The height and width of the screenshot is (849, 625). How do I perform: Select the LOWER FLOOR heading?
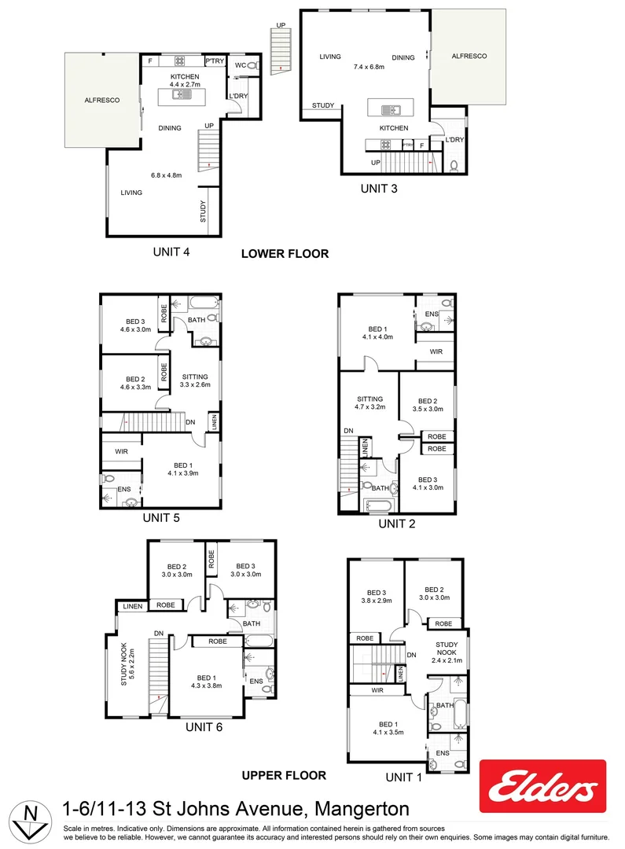pyautogui.click(x=285, y=254)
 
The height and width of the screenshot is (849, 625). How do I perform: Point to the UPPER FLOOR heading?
pyautogui.click(x=284, y=775)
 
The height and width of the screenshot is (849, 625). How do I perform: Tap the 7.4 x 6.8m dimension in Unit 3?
pyautogui.click(x=369, y=67)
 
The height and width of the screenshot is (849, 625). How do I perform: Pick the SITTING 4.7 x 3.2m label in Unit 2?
pyautogui.click(x=369, y=403)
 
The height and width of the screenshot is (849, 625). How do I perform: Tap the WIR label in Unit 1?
pyautogui.click(x=377, y=690)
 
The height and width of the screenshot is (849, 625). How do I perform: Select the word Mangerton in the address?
pyautogui.click(x=362, y=809)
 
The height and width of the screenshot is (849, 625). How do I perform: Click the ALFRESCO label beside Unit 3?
pyautogui.click(x=469, y=57)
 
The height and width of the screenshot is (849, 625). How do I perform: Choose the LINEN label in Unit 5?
pyautogui.click(x=214, y=423)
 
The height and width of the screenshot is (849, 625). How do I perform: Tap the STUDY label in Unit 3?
pyautogui.click(x=322, y=105)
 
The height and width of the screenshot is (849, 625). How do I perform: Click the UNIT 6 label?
pyautogui.click(x=204, y=727)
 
